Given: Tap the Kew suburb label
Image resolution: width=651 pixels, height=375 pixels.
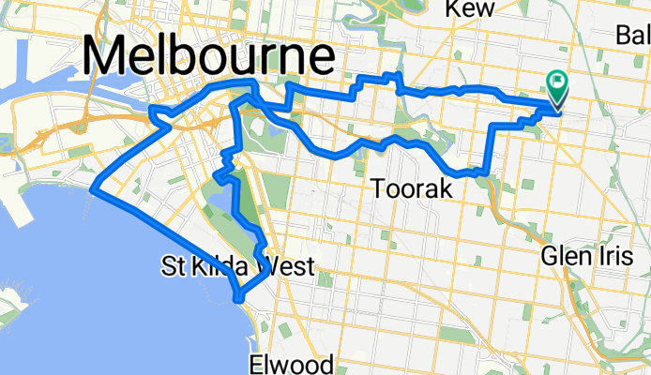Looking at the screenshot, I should click(x=470, y=8).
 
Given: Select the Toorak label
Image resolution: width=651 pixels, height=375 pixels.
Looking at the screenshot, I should click(x=412, y=189).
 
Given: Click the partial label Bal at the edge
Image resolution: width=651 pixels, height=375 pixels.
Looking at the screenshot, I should click(x=633, y=35).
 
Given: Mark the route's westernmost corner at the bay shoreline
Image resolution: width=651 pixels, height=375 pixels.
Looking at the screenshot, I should click(x=93, y=191).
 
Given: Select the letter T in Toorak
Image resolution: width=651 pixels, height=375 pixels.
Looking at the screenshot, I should click(x=378, y=189).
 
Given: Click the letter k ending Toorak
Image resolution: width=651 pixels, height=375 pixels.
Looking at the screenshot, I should click(x=445, y=189).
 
